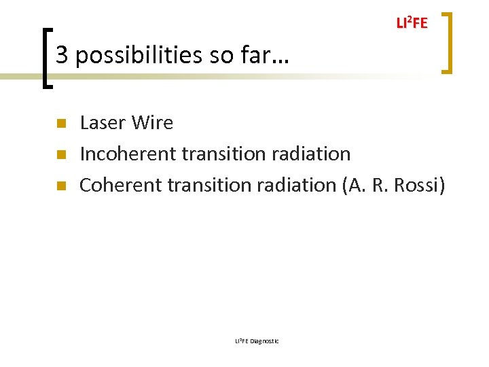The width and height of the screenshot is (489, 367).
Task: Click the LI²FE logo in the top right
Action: (412, 23)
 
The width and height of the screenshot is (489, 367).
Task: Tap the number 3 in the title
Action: (62, 55)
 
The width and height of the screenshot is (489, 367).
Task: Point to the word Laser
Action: (103, 123)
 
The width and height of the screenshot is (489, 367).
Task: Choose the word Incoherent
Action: (128, 154)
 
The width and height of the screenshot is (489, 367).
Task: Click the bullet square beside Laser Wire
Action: (60, 124)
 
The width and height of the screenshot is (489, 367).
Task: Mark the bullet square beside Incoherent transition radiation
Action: (60, 154)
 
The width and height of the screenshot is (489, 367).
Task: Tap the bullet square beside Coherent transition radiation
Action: (60, 185)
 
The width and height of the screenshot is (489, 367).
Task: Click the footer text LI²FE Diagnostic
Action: (256, 340)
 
